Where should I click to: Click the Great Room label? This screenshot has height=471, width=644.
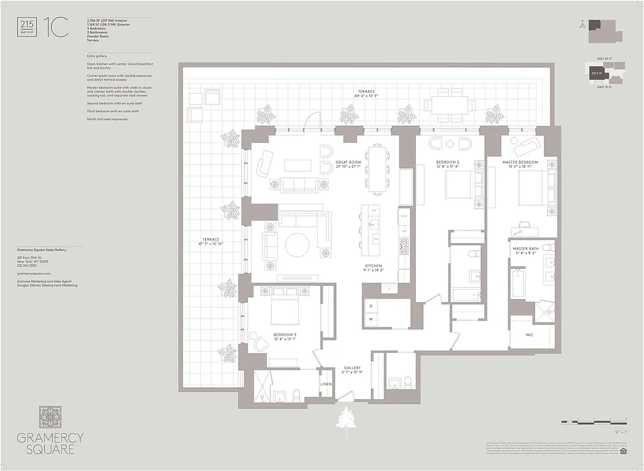point(350,162)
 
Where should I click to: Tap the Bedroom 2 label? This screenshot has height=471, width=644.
point(448,162)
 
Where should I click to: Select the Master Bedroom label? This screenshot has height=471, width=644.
point(519,162)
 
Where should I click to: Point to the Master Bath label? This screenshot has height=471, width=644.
point(525,249)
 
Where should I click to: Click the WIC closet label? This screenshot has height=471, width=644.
point(530,335)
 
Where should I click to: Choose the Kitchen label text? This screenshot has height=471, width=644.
point(373,266)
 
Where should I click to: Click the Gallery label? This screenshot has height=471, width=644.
point(352,368)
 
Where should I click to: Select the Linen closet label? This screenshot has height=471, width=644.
point(326,384)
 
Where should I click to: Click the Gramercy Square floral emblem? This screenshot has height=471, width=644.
point(50,417)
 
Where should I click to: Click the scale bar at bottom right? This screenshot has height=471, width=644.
point(594,419)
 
